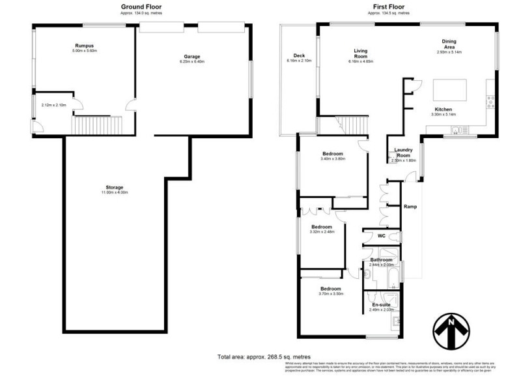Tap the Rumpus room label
click(x=85, y=45)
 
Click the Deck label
click(x=299, y=55)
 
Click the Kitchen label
click(x=444, y=109)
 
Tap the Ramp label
click(x=410, y=207)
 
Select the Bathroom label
click(x=381, y=260)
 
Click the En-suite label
click(x=381, y=305)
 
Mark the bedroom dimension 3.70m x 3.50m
click(x=330, y=294)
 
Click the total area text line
click(x=264, y=357)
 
